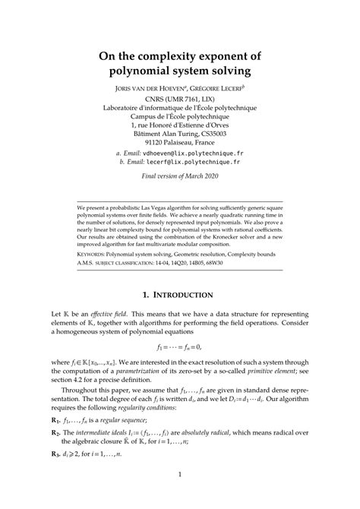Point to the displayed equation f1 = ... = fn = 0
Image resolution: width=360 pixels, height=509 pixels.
(x=180, y=347)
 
